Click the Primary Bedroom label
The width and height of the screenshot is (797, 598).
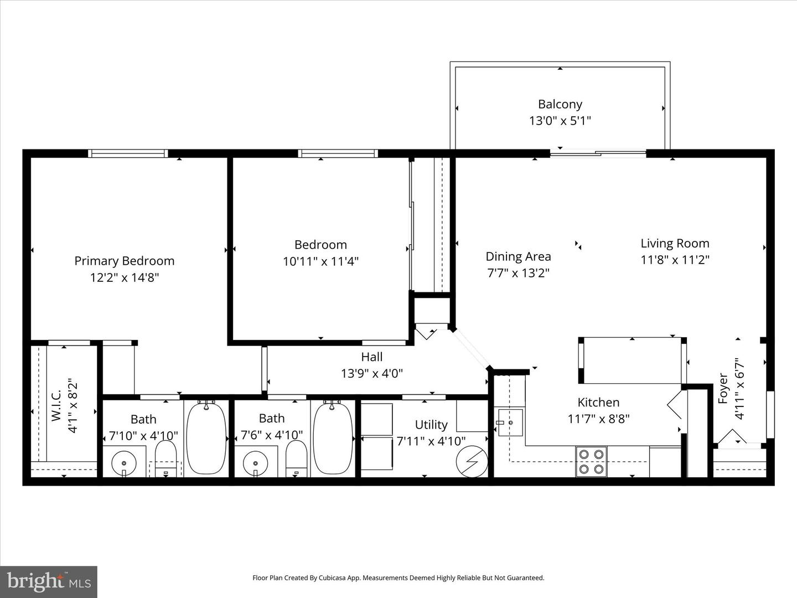coord(124,261)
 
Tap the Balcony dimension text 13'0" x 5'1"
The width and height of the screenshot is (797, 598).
coord(560,121)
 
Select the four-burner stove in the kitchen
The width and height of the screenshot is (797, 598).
coord(591,462)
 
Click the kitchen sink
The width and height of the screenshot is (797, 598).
coord(510,422)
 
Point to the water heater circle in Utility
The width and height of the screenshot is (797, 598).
coord(472,461)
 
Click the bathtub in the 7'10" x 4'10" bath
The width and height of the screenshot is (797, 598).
coord(206,438)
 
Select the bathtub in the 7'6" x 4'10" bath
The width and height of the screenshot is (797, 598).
coord(333,438)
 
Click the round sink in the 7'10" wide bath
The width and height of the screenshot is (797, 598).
coord(124,462)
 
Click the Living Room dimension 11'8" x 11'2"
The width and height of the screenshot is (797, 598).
coord(675,260)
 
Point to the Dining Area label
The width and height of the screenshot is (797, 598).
coord(518,256)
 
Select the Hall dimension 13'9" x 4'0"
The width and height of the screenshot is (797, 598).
coord(371,374)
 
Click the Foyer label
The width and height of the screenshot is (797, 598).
coord(723,388)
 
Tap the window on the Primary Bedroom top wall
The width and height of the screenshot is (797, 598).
coord(128,153)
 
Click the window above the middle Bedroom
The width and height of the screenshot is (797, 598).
coord(338,153)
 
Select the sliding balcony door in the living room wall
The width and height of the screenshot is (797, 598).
coord(598,153)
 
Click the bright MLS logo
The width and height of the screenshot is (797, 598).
coord(49,581)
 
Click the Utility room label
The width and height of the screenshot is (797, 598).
coord(431,425)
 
